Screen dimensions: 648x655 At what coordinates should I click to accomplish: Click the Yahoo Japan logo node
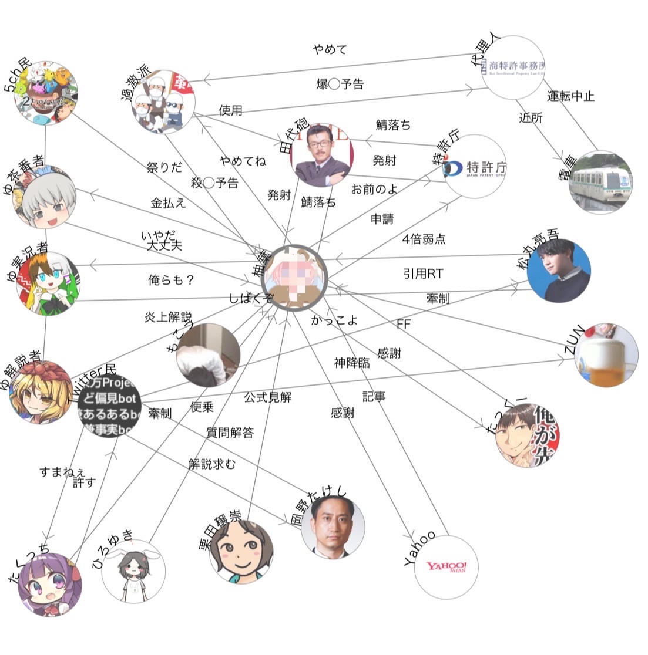[x=446, y=568]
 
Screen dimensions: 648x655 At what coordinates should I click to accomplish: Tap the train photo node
[x=600, y=182]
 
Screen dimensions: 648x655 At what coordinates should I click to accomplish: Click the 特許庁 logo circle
[x=475, y=166]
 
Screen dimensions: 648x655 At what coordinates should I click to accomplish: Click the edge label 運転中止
[x=570, y=96]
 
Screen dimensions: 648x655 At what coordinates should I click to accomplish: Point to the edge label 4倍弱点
[x=424, y=239]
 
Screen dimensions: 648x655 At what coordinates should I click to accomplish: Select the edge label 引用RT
[x=423, y=274]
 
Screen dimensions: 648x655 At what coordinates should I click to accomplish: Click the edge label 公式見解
[x=267, y=397]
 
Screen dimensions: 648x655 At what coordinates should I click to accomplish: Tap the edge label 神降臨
[x=352, y=363]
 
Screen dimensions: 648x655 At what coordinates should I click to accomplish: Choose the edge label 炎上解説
[x=168, y=317]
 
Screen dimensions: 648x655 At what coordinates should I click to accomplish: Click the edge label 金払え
[x=168, y=203]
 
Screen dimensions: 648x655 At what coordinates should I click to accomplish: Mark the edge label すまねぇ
[x=62, y=471]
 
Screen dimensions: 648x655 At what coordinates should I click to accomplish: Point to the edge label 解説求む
[x=211, y=464]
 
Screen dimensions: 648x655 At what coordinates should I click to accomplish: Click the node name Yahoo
[x=419, y=548]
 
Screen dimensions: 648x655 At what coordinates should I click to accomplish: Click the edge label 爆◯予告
[x=340, y=84]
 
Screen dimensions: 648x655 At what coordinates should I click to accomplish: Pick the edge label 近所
[x=531, y=118]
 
